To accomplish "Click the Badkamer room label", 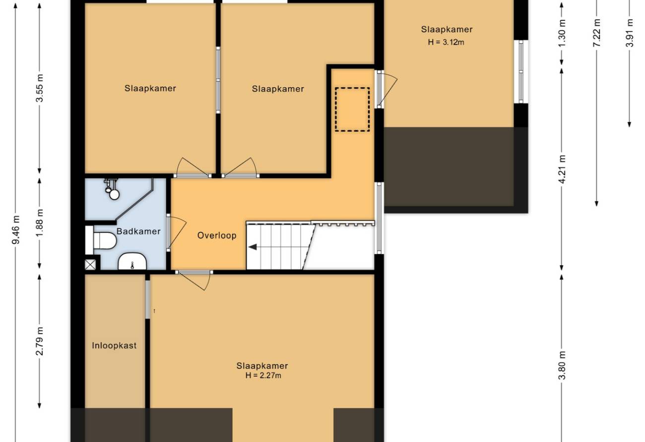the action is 138,231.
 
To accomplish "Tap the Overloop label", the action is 217,235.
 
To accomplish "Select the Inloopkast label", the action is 114,346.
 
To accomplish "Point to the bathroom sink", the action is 132,261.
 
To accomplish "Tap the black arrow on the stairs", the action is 253,247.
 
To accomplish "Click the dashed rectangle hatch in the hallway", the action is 352,109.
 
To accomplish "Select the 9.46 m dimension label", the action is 16,229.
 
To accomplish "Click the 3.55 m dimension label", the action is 40,88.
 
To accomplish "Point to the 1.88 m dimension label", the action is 40,223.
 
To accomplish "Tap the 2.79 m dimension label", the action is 40,341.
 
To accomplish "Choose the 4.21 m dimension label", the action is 562,169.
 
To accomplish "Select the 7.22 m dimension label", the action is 596,33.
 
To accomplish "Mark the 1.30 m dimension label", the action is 562,33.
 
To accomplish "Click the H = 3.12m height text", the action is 446,42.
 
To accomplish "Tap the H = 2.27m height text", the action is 263,375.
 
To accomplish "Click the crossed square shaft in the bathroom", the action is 90,265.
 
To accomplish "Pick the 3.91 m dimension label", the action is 630,33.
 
